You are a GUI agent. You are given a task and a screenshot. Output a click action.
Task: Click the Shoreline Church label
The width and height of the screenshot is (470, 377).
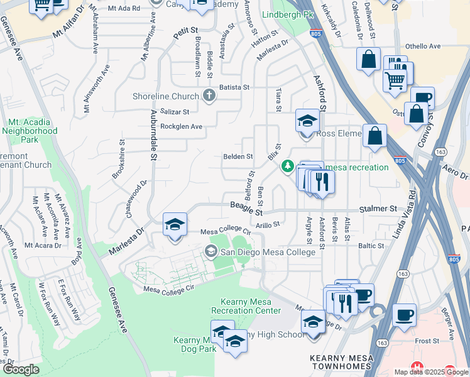point(166,96)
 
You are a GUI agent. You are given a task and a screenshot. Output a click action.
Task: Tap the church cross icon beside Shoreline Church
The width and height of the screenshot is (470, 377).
point(209,96)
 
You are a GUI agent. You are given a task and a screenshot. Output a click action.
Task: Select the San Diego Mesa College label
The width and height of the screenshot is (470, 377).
point(266,252)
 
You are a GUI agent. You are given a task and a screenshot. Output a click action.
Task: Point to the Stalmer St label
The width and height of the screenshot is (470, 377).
point(378,208)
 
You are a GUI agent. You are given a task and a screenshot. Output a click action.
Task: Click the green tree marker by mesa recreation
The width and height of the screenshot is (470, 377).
point(287,166)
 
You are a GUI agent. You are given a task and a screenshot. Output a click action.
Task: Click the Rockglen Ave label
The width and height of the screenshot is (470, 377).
point(181,126)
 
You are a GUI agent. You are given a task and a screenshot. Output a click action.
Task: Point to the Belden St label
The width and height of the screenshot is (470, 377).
point(238,156)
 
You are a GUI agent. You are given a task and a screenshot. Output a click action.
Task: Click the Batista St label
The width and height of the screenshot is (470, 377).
point(234,87)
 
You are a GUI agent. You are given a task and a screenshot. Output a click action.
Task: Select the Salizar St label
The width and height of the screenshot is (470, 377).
point(175,112)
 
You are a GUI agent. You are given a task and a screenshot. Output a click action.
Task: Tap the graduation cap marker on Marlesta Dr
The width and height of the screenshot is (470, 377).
point(175,224)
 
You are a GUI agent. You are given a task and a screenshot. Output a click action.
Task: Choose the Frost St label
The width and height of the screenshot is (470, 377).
point(426,341)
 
